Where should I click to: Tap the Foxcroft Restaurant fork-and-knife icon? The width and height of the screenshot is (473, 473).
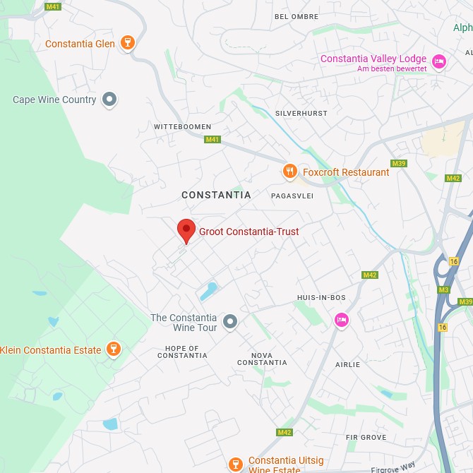pos(289,171)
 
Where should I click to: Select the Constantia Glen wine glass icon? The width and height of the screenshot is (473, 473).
pos(128,43)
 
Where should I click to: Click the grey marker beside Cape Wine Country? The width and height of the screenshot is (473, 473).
pos(109,100)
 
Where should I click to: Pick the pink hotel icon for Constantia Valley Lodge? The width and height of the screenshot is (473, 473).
pos(439,62)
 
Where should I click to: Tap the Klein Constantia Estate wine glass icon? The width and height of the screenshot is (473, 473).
pos(113,349)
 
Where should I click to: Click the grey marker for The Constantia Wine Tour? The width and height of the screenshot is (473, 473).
pos(229,323)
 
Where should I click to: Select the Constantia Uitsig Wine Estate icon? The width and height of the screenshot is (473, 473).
pos(236,464)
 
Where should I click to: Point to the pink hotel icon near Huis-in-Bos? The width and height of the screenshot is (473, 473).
pos(342,320)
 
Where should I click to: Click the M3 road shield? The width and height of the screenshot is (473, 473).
pos(443,289)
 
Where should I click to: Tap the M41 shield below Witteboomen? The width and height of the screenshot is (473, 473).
pos(212,139)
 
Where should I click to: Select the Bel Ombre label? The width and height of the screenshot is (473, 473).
pos(296,16)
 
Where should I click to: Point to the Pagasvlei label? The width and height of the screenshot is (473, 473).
pos(292,196)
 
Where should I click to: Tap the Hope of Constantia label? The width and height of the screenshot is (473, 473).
pos(182,352)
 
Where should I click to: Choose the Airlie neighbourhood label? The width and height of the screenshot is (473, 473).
pos(348,364)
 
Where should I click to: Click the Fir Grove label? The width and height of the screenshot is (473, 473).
pos(366,438)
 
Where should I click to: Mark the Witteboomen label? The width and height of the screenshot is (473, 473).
pos(182,126)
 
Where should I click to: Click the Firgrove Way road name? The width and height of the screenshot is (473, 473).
pos(393,467)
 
